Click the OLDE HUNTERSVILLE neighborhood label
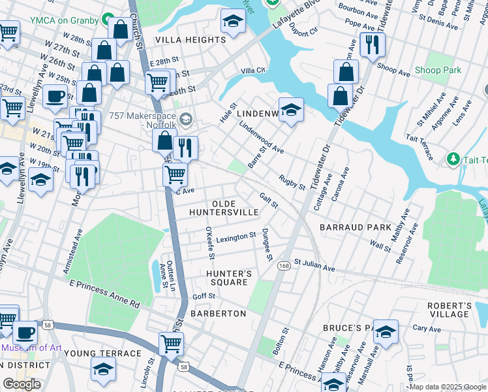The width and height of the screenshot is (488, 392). coord(224,208)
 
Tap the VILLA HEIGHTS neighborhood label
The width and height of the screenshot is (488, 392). coord(190,40)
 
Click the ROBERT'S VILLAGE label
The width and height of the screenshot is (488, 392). coord(449,310)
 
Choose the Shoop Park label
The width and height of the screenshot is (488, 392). coord(437,70)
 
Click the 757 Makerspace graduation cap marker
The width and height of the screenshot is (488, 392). coord(187,118)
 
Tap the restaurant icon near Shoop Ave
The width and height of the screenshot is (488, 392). coord(372,45)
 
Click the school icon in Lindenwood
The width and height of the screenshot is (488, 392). coord(291,109)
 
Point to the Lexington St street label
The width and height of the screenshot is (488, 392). coord(236,237)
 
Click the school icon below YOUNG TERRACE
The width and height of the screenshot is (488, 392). coord(103,369)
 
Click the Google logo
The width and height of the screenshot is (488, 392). coord(22,384)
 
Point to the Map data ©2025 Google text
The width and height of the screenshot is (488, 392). coord(448,387)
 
